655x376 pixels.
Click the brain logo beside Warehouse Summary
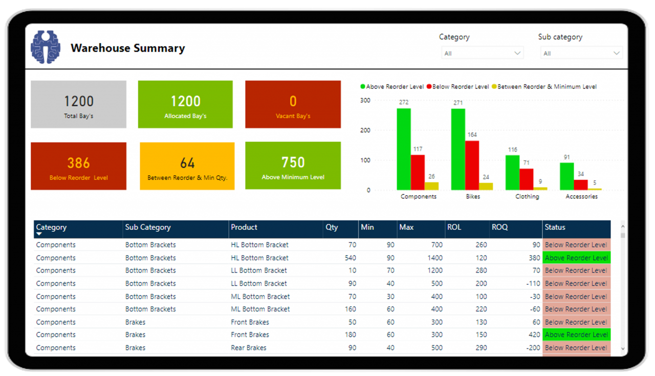tap(46, 47)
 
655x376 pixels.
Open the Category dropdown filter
tap(482, 53)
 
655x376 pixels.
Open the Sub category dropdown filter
tap(581, 53)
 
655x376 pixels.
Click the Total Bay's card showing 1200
tap(78, 105)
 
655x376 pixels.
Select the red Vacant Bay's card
tap(293, 105)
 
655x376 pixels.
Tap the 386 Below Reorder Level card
tap(78, 166)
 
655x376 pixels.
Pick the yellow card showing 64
tap(187, 166)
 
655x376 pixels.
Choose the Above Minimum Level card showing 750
tap(293, 166)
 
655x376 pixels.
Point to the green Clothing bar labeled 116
tap(513, 173)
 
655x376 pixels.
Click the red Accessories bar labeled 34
tap(581, 184)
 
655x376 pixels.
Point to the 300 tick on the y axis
tap(365, 100)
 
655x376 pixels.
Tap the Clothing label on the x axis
tap(527, 197)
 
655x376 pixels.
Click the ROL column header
tap(454, 227)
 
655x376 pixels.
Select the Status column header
tap(555, 227)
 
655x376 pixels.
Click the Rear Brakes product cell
tap(249, 348)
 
